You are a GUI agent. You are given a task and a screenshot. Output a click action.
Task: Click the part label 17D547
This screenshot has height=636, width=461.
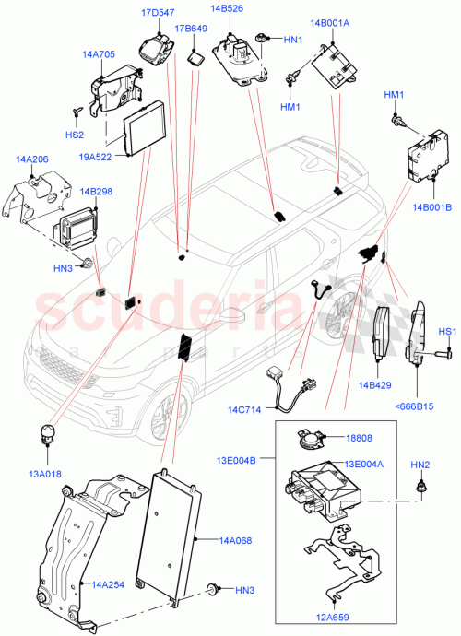[x=157, y=13]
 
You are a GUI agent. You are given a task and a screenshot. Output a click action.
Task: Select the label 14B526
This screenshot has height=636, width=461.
[x=227, y=9]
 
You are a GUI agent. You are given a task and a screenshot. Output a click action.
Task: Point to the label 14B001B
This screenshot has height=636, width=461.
[x=432, y=207]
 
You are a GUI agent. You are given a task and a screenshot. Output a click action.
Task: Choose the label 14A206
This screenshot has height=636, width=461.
[x=31, y=159]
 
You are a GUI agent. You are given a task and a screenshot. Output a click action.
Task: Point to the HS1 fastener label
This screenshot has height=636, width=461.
[x=447, y=331]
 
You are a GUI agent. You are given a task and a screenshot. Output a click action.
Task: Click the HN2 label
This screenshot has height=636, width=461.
[x=420, y=464]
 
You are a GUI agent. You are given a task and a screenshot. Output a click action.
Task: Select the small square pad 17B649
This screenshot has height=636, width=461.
[x=196, y=56]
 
